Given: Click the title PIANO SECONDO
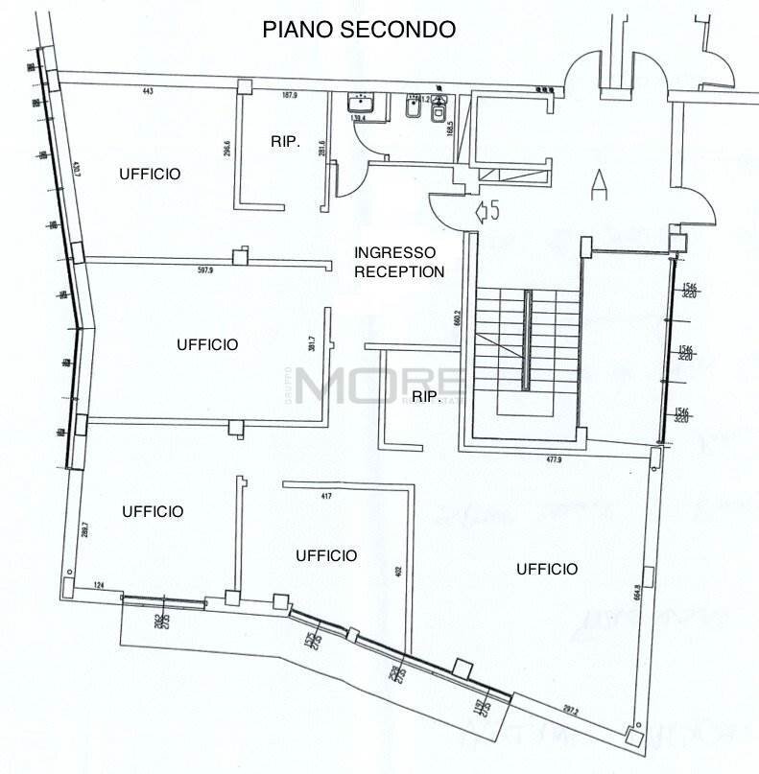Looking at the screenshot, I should (x=359, y=30).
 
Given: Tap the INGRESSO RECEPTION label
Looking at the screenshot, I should (x=399, y=262).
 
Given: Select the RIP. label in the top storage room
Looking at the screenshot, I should (x=285, y=142).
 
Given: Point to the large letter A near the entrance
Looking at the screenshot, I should (x=600, y=182).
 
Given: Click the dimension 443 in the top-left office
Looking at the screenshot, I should (x=148, y=92).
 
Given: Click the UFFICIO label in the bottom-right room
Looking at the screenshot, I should (x=547, y=569).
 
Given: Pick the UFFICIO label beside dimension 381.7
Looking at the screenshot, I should (x=207, y=344).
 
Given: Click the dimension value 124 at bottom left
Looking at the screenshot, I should (x=98, y=584).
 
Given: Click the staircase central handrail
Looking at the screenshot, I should (x=525, y=340).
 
